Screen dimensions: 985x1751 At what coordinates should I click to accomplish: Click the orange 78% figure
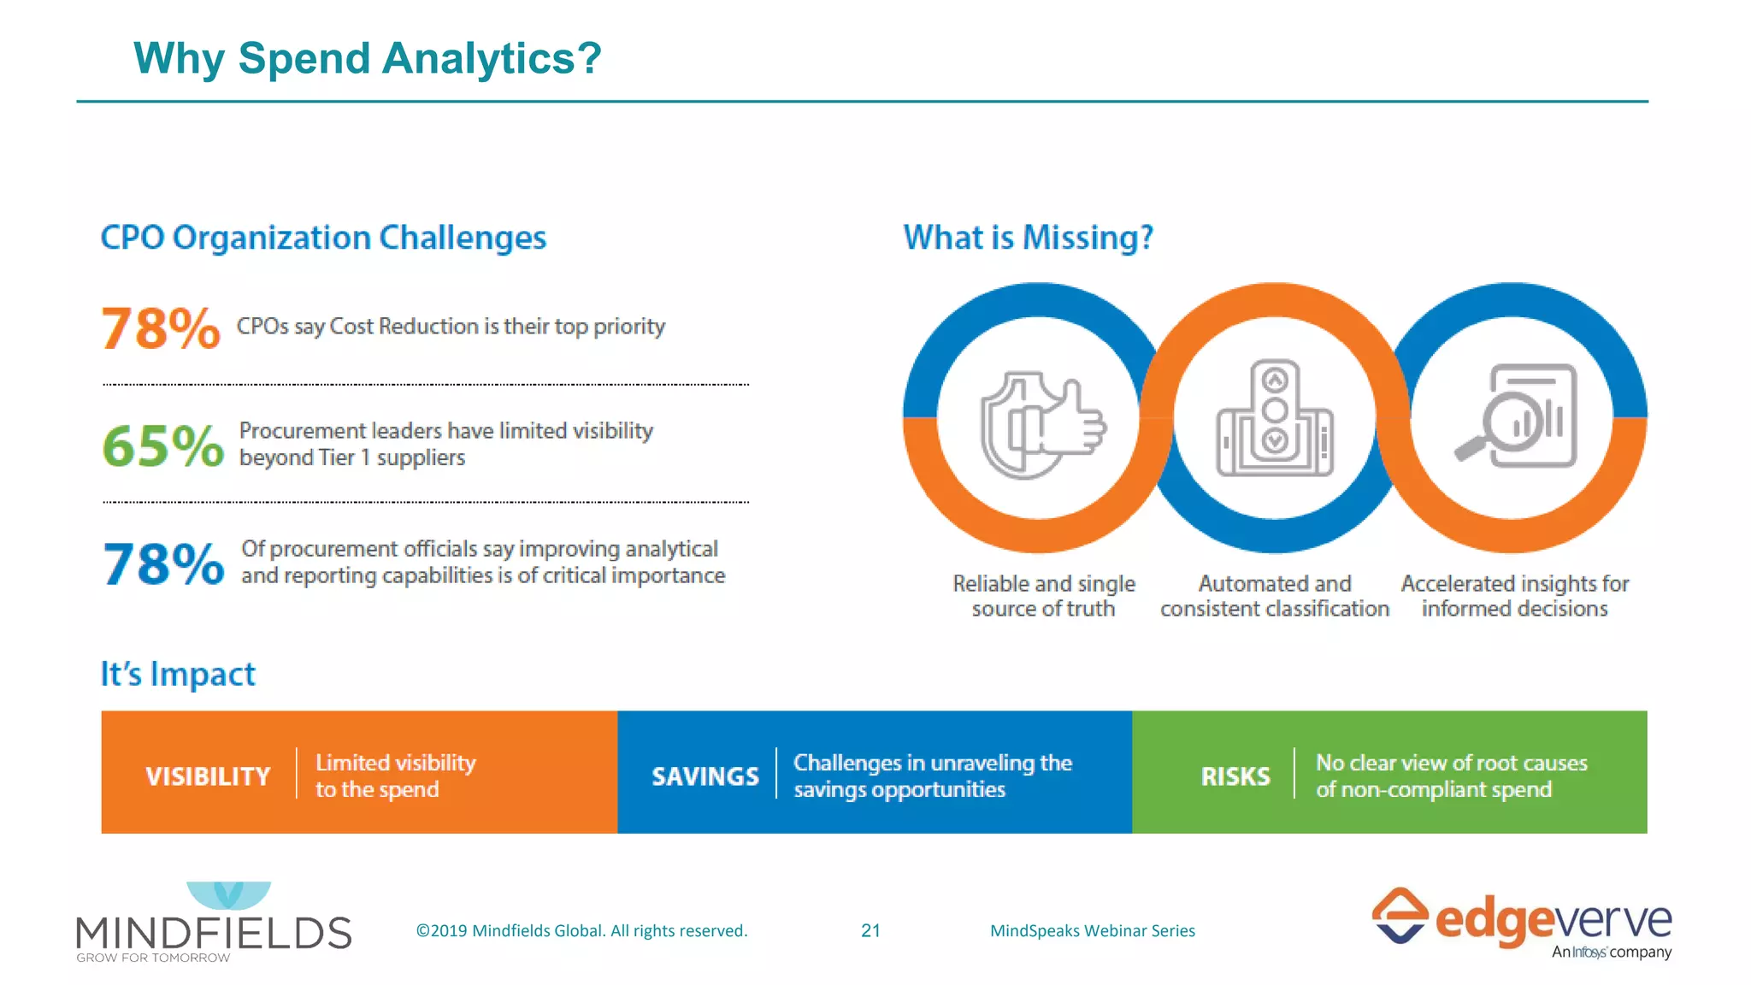point(160,328)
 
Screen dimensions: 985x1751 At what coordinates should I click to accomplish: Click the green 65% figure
point(162,445)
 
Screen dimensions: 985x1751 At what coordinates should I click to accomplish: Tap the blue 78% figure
point(163,564)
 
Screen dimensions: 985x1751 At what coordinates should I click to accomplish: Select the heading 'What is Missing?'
point(1028,237)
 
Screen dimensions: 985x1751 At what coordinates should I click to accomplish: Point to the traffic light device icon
point(1275,418)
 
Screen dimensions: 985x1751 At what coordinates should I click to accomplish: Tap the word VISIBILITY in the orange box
point(208,776)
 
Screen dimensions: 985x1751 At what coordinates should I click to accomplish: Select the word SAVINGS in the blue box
point(705,776)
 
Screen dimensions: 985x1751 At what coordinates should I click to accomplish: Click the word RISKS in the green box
point(1235,776)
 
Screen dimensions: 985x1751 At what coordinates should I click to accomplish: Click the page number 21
point(870,930)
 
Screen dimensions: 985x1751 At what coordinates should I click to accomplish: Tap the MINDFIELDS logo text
point(214,932)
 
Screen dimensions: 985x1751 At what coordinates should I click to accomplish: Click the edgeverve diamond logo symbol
point(1399,916)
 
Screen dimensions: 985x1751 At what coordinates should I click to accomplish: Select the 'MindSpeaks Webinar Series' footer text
point(1092,930)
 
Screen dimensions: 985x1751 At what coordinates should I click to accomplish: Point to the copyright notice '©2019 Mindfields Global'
point(581,930)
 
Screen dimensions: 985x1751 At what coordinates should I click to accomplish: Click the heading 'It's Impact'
point(178,674)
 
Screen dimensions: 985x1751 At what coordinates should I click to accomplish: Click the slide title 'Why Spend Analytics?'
point(368,58)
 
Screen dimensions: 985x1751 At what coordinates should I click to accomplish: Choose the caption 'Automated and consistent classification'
point(1274,596)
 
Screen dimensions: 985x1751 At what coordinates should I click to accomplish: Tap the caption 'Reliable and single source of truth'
point(1044,596)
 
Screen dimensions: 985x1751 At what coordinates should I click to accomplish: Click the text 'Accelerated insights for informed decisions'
point(1514,596)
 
